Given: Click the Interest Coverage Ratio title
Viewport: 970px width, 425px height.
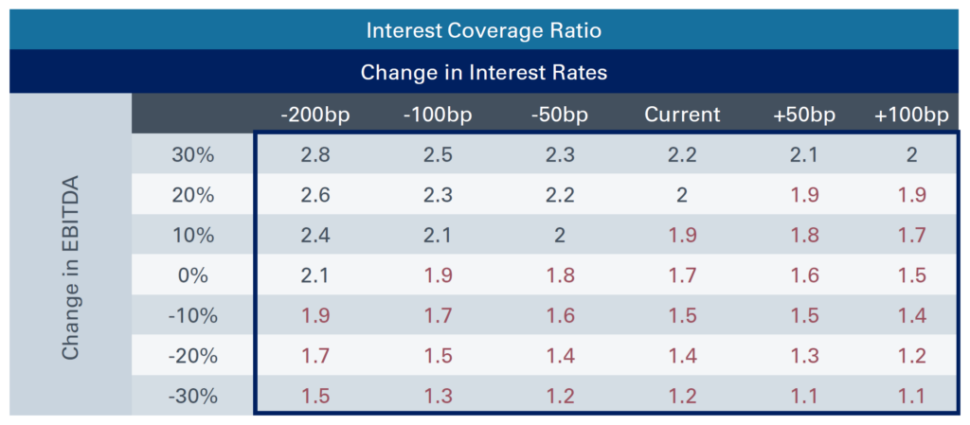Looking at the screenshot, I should (x=484, y=30).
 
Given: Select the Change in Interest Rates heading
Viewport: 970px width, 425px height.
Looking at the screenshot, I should (x=484, y=72).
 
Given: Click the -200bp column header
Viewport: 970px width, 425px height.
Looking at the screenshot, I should (x=315, y=115).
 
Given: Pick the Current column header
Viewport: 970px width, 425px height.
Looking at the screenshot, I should (x=682, y=115).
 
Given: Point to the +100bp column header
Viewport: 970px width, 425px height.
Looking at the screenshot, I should (x=911, y=115).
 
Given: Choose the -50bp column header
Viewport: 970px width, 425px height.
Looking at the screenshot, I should (x=560, y=115).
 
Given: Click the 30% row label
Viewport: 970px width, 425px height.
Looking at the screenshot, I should (x=192, y=154).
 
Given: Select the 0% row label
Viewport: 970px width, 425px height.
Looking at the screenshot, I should (x=192, y=275).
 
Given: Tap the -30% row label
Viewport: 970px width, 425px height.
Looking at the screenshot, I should (x=192, y=397).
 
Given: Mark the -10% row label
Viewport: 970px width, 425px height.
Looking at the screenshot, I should (x=192, y=316).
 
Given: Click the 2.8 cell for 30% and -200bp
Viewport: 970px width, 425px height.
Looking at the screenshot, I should (x=315, y=154).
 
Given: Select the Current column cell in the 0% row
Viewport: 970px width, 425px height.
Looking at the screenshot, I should (x=682, y=275).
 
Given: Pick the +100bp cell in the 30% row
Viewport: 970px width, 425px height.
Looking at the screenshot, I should (x=911, y=154).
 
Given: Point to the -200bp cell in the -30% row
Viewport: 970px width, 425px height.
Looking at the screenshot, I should (x=315, y=397).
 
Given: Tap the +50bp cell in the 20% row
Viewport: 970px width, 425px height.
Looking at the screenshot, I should (x=805, y=195).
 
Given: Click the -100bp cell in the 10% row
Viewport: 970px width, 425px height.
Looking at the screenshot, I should (x=437, y=236).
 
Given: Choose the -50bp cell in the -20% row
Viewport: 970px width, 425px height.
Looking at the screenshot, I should (x=560, y=357).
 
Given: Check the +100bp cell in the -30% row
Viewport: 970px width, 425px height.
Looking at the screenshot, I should (x=911, y=397).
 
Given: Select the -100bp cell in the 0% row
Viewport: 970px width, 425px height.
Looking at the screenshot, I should (x=437, y=275).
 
